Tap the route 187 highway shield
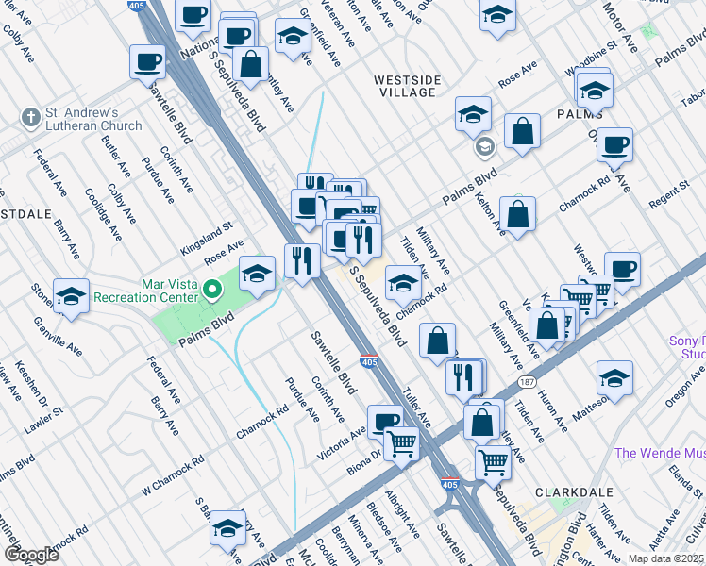tap(527, 382)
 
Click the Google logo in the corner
tap(32, 555)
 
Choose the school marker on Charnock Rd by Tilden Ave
tap(403, 281)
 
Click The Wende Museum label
tap(659, 453)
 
